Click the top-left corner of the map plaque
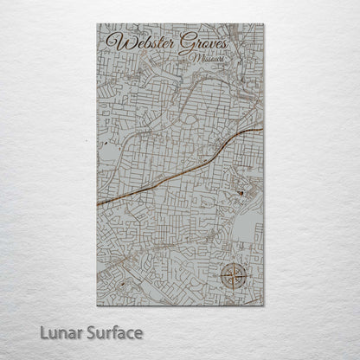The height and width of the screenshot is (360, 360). [98, 24]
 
